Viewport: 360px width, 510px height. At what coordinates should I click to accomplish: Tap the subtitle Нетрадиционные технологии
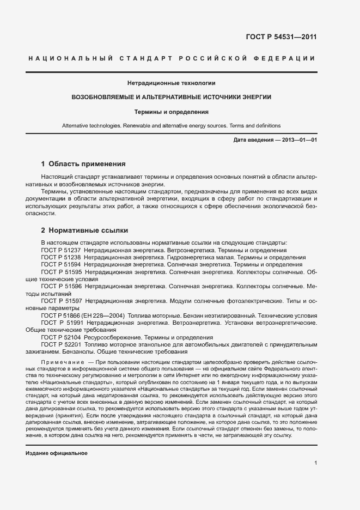(172, 83)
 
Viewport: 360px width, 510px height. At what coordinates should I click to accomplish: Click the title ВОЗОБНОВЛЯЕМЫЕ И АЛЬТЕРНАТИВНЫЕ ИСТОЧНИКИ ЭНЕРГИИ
(172, 97)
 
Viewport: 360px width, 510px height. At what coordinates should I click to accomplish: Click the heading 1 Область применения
(83, 163)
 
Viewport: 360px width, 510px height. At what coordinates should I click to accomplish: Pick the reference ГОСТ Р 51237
(61, 250)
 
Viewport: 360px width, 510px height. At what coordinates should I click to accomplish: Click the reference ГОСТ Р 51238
(61, 257)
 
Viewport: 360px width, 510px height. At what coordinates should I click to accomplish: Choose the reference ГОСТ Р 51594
(61, 264)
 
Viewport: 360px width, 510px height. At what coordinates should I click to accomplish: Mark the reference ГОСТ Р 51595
(61, 271)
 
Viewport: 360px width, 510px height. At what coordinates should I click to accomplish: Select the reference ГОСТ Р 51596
(61, 286)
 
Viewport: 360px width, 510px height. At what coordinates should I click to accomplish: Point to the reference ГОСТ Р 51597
(61, 301)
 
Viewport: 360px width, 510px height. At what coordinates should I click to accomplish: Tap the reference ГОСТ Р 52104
(61, 337)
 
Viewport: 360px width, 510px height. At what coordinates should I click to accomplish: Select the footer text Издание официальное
(57, 453)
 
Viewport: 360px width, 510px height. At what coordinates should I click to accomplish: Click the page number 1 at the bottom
(315, 464)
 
